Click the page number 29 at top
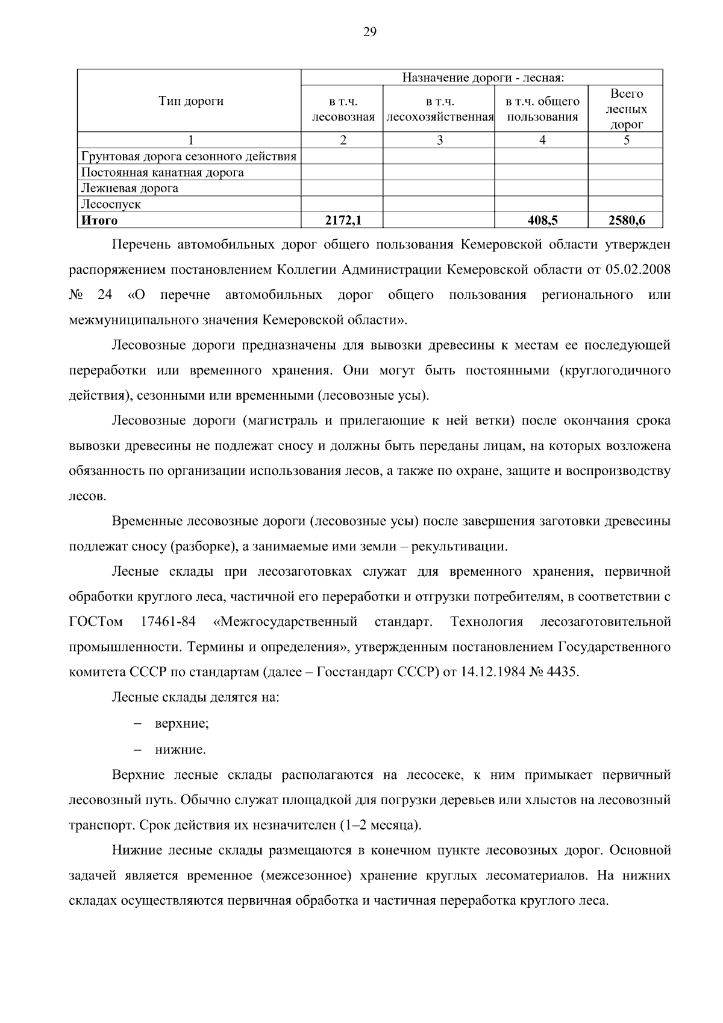point(369,33)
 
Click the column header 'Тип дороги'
point(190,101)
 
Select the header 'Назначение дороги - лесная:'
point(482,78)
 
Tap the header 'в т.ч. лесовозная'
point(343,109)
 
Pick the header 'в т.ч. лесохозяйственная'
point(439,109)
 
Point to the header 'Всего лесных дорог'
point(626,109)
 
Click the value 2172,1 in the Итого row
point(343,221)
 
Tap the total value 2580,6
point(626,221)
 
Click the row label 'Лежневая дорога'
point(130,188)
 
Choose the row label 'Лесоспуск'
point(111,204)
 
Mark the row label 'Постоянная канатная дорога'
point(163,172)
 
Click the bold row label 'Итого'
point(99,221)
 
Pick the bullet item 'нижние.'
point(180,751)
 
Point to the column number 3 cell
point(439,140)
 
